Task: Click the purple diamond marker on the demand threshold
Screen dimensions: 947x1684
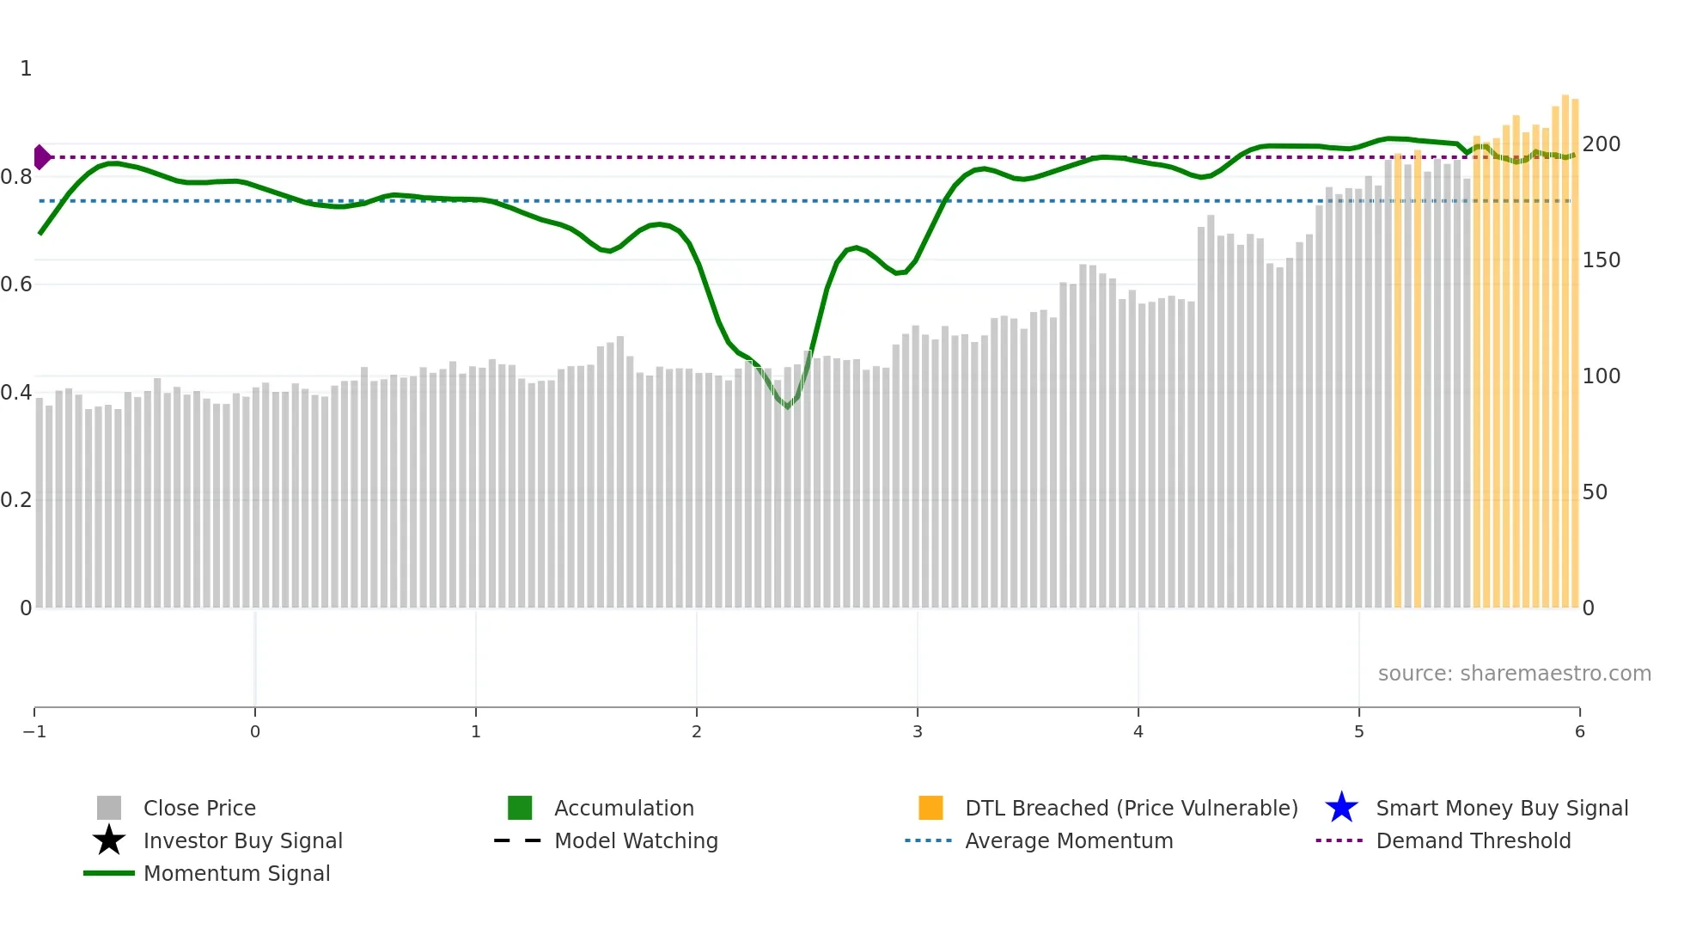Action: point(41,157)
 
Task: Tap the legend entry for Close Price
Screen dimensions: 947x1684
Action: point(199,808)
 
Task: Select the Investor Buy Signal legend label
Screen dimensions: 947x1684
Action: point(242,840)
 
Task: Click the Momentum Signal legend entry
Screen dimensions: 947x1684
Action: point(236,873)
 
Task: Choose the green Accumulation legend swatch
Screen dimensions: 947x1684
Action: point(520,808)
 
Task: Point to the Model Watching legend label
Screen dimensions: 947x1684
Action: point(636,840)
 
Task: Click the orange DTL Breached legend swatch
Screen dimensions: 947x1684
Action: point(930,808)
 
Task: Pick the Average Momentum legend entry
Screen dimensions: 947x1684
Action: point(1069,840)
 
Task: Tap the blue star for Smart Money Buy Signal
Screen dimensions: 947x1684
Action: point(1341,808)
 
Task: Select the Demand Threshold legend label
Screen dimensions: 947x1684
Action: point(1473,840)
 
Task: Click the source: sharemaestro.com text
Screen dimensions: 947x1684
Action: point(1514,673)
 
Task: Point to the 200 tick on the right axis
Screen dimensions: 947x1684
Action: point(1602,144)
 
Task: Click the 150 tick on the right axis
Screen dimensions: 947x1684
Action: point(1602,260)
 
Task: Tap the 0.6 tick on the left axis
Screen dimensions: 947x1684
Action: point(16,284)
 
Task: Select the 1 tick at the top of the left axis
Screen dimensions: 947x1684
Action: point(26,69)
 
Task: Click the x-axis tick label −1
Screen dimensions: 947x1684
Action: point(34,731)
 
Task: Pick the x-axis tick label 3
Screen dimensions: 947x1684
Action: point(918,731)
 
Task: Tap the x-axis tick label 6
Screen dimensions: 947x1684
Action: point(1579,731)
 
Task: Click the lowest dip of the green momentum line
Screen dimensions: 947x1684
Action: point(787,406)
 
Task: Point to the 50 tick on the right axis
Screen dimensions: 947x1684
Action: point(1595,492)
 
